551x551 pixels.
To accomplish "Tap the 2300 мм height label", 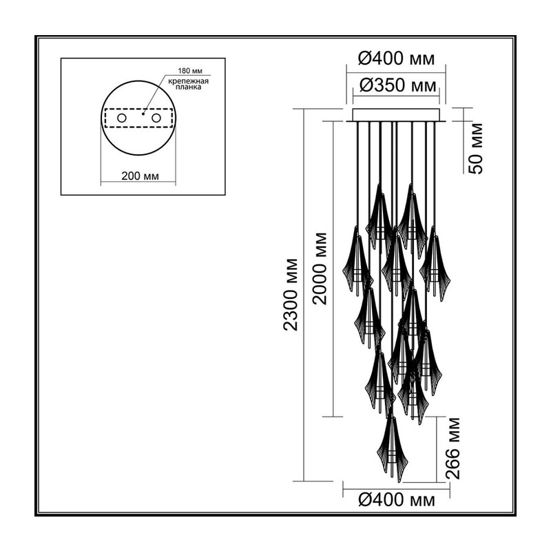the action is (x=291, y=295).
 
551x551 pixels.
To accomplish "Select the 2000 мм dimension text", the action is (x=320, y=269).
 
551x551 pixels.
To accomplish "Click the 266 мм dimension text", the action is (x=453, y=448).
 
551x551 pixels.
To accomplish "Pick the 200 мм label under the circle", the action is (x=141, y=176).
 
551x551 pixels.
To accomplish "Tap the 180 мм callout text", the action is (x=190, y=71).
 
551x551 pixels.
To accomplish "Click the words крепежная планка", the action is (x=188, y=84).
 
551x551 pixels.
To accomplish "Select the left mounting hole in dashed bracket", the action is (x=122, y=118).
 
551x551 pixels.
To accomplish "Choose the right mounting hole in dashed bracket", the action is (x=156, y=118).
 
